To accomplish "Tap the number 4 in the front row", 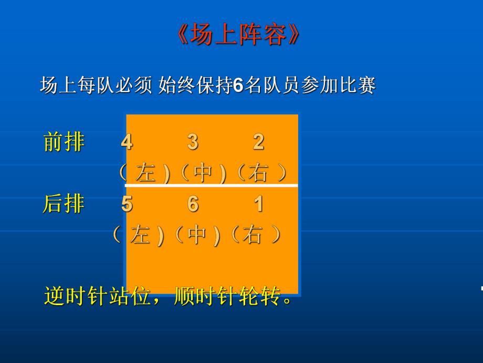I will tap(127, 142).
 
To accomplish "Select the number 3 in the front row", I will tap(193, 142).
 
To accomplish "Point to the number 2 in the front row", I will tap(258, 142).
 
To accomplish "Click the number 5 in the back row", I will tap(127, 204).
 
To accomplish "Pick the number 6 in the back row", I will tap(193, 204).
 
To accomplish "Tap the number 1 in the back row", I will tap(258, 204).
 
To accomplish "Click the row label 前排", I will tap(64, 142).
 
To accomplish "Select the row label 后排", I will tap(64, 204).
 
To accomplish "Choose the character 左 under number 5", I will tap(140, 235).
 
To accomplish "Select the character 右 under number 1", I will tap(252, 235).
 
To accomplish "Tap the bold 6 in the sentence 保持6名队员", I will tap(237, 85).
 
